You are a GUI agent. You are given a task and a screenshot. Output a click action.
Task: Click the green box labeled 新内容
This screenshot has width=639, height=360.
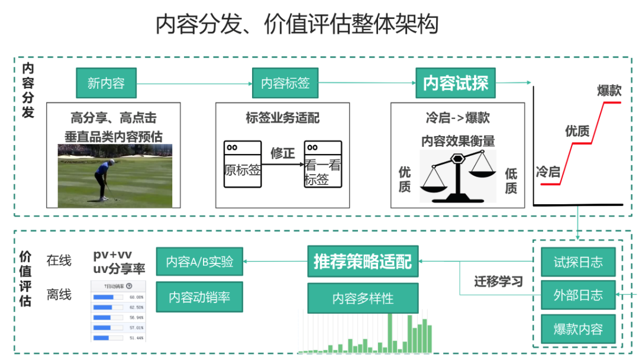106,83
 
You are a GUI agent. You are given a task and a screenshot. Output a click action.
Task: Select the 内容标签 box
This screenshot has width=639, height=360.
285,83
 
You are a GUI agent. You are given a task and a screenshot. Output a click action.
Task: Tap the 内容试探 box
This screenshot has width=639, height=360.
456,83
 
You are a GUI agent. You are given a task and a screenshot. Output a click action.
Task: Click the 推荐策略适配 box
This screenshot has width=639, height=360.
363,262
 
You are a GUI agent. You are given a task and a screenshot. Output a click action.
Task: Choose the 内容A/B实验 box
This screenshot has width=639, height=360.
199,262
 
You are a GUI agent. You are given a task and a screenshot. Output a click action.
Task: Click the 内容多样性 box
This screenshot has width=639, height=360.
363,298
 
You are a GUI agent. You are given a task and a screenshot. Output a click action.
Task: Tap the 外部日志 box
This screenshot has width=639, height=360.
578,295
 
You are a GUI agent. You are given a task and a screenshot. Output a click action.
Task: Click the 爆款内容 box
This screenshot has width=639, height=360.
578,329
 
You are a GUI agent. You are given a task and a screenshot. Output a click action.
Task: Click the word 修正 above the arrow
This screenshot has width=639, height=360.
283,153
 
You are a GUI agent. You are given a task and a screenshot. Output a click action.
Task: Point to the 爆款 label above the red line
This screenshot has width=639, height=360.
609,91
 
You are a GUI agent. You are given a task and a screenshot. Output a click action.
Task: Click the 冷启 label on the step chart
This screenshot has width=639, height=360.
548,172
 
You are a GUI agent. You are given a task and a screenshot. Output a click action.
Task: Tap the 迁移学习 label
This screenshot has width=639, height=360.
499,281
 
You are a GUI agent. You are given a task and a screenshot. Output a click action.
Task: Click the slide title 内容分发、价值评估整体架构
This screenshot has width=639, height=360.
297,24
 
